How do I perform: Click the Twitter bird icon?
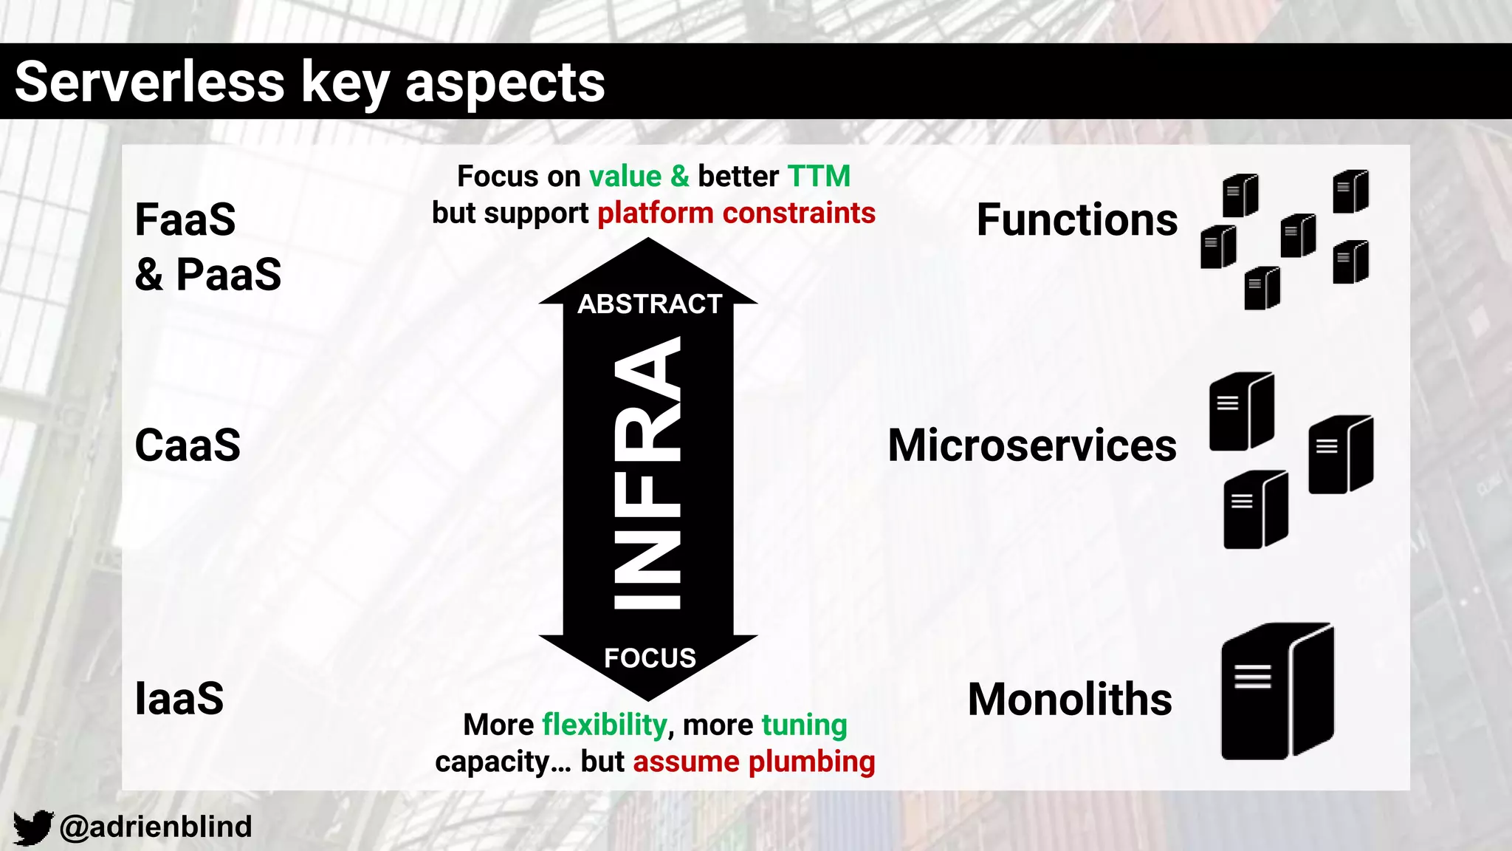tap(33, 827)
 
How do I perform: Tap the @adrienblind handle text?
tap(156, 827)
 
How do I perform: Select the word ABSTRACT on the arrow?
tap(649, 304)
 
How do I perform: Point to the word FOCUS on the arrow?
tap(650, 657)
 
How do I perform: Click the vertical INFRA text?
tap(647, 473)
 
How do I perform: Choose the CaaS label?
tap(188, 445)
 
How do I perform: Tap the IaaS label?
tap(179, 699)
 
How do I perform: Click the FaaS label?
tap(185, 220)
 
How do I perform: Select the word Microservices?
tap(1032, 445)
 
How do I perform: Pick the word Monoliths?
tap(1070, 700)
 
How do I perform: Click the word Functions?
tap(1077, 220)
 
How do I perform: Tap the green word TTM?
tap(819, 177)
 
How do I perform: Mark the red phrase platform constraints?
tap(736, 213)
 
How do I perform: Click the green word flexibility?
tap(605, 725)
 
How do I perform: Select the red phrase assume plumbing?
tap(754, 762)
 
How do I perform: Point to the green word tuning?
tap(804, 725)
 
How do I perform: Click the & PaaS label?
tap(208, 275)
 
